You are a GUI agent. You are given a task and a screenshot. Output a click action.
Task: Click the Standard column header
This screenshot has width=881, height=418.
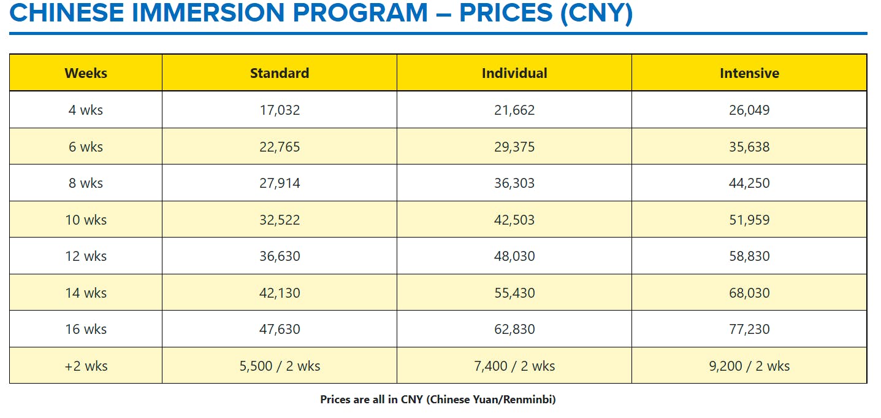(280, 73)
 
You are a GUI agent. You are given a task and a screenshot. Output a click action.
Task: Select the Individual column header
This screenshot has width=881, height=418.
(514, 73)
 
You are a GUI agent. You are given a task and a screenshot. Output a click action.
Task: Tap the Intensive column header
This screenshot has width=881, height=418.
(749, 73)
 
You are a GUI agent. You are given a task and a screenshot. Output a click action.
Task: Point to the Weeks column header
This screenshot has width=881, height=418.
(86, 73)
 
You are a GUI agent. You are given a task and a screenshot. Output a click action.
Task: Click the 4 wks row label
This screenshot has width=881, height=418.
(86, 110)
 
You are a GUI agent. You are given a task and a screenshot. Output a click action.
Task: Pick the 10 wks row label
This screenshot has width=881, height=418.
(86, 220)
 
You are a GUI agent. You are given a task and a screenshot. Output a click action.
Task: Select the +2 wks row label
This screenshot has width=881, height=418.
(86, 366)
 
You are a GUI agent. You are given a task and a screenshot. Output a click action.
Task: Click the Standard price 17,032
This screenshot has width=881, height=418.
(280, 110)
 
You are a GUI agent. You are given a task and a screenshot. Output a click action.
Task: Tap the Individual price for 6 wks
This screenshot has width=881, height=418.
(514, 147)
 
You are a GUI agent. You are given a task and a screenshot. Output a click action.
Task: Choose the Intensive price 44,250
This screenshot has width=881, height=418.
(749, 184)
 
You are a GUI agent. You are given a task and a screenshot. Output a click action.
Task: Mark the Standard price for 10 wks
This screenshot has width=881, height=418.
(280, 220)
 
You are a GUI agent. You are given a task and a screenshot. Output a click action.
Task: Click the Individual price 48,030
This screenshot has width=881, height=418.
(514, 257)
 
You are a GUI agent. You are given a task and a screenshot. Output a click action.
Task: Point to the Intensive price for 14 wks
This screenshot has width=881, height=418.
(749, 293)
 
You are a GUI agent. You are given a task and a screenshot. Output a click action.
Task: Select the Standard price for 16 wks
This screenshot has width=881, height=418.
(280, 330)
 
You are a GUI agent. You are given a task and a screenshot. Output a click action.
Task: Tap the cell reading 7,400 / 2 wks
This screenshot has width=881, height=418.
(514, 366)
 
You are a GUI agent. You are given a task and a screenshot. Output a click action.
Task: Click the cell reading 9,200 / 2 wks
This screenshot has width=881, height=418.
(749, 366)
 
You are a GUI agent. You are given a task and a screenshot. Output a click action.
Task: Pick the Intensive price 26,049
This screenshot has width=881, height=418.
(749, 110)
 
